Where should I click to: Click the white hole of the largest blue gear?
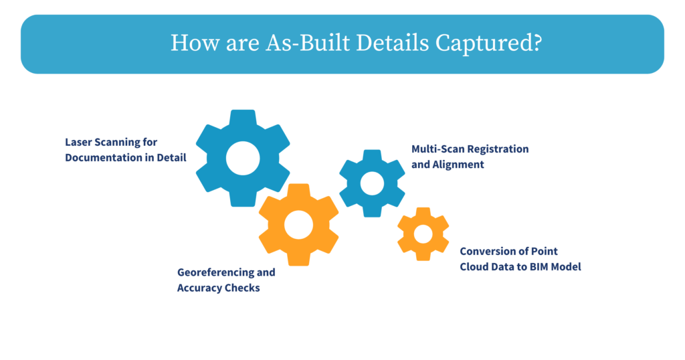click(x=242, y=158)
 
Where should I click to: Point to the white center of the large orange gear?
click(x=298, y=225)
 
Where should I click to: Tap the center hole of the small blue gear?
click(x=372, y=183)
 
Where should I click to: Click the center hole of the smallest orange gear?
click(x=423, y=234)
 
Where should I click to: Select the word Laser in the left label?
click(x=79, y=142)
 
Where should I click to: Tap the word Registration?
click(x=498, y=149)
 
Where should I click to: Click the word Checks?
click(x=242, y=288)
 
